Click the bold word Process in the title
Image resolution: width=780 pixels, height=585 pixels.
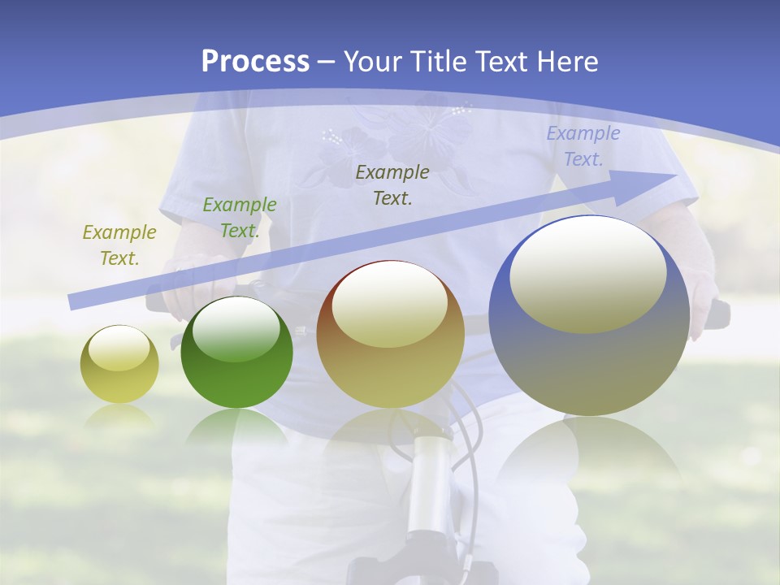coord(255,61)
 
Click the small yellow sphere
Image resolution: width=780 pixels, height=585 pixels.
coord(119,364)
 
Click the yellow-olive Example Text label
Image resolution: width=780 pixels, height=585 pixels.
coord(119,245)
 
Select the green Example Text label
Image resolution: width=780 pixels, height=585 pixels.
coord(240,217)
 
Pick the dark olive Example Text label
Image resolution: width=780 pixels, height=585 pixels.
coord(392,184)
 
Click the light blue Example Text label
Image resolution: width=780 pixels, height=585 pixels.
coord(583,146)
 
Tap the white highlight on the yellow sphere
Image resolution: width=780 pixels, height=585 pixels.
coord(119,349)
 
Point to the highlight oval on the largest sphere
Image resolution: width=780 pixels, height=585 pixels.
coord(587,275)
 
